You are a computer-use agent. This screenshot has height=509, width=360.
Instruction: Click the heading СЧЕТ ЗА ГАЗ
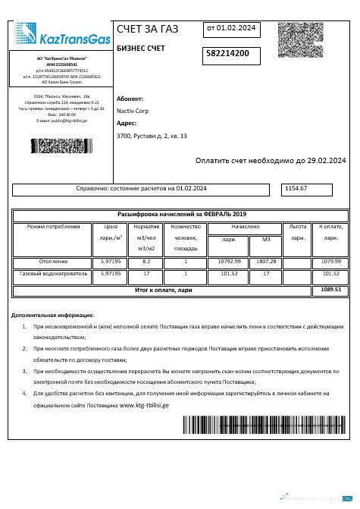(x=148, y=30)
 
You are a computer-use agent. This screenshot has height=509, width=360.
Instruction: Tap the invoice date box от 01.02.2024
(x=231, y=29)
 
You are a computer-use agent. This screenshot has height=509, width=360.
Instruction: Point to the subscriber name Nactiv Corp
(x=133, y=110)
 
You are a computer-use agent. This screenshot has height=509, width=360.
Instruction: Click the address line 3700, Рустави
(x=152, y=136)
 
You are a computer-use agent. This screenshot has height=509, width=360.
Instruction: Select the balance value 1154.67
(x=296, y=187)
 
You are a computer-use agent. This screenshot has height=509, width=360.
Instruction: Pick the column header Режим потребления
(x=53, y=227)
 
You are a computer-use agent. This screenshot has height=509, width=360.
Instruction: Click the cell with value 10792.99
(x=229, y=262)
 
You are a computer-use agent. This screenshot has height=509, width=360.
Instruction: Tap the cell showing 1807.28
(x=266, y=262)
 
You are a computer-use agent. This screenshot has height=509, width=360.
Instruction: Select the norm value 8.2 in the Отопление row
(x=146, y=262)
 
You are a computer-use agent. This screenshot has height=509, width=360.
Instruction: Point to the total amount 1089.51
(x=330, y=289)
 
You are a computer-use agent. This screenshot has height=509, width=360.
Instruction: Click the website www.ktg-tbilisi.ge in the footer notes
(x=144, y=405)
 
